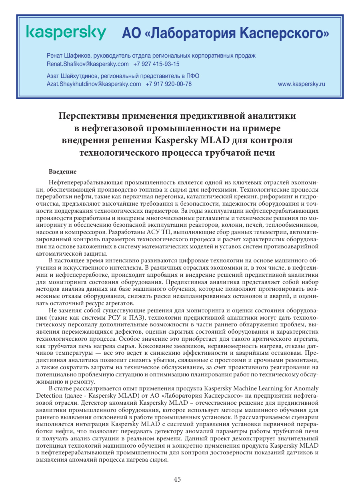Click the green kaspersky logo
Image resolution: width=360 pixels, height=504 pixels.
coord(66,33)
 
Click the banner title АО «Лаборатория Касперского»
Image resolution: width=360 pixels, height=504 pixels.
coord(225,33)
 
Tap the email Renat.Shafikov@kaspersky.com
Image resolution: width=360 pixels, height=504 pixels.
coord(88,64)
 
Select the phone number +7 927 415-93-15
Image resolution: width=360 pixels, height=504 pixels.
coord(156,64)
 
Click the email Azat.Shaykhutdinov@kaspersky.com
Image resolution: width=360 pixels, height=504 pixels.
coord(94,84)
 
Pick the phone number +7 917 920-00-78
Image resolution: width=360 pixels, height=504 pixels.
coord(169,84)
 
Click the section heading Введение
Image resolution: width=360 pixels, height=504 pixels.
coord(62,172)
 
